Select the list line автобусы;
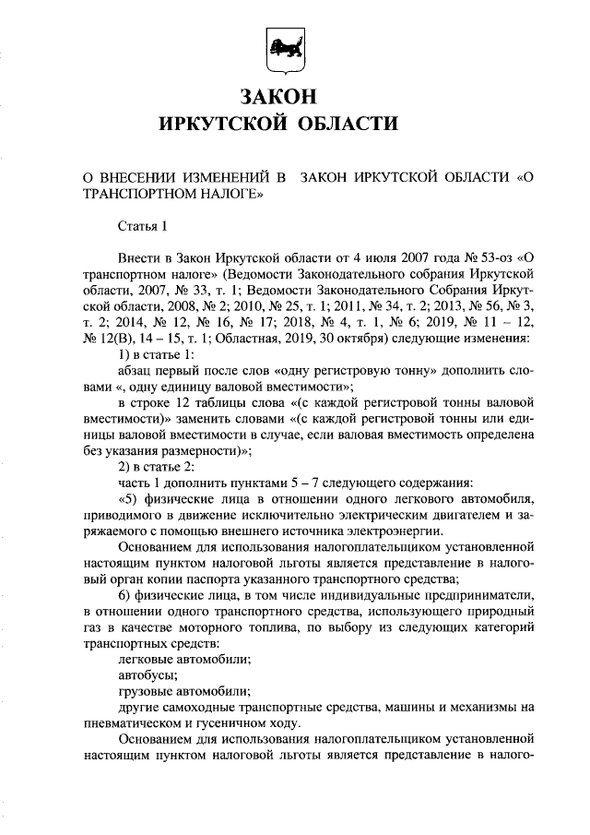(147, 675)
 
